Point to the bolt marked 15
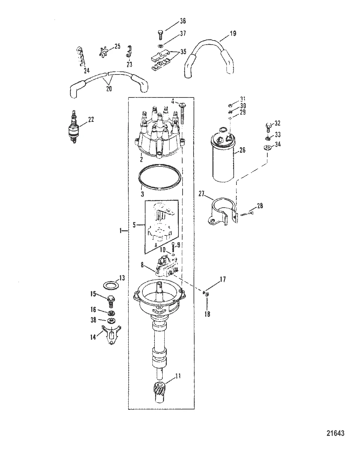[x=111, y=300]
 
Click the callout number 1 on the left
[x=121, y=231]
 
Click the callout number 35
[x=183, y=52]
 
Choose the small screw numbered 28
[x=247, y=214]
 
